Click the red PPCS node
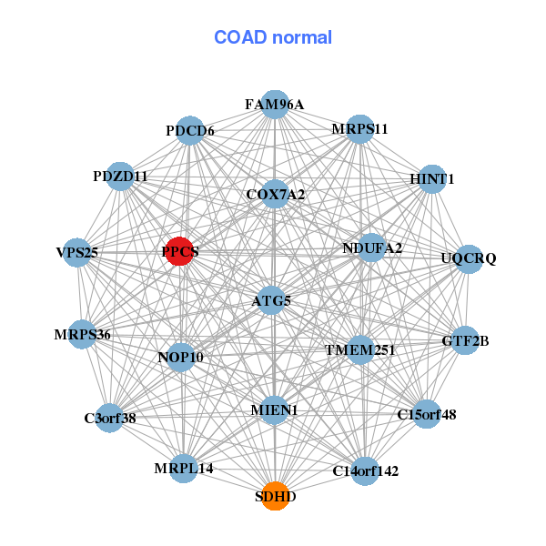pyautogui.click(x=180, y=252)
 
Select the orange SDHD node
pyautogui.click(x=275, y=497)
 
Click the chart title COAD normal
pyautogui.click(x=273, y=38)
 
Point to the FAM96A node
pyautogui.click(x=275, y=105)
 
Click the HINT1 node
pyautogui.click(x=431, y=180)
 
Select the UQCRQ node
pyautogui.click(x=468, y=259)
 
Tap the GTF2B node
pyautogui.click(x=465, y=341)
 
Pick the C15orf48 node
pyautogui.click(x=426, y=415)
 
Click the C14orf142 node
pyautogui.click(x=365, y=470)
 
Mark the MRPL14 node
pyautogui.click(x=184, y=468)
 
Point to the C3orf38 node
pyautogui.click(x=109, y=419)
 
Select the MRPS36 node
pyautogui.click(x=83, y=335)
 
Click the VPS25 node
pyautogui.click(x=77, y=252)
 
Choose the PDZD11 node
pyautogui.click(x=120, y=176)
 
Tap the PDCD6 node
pyautogui.click(x=189, y=131)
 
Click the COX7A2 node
pyautogui.click(x=275, y=195)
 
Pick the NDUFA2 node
pyautogui.click(x=371, y=248)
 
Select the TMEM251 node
pyautogui.click(x=360, y=349)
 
